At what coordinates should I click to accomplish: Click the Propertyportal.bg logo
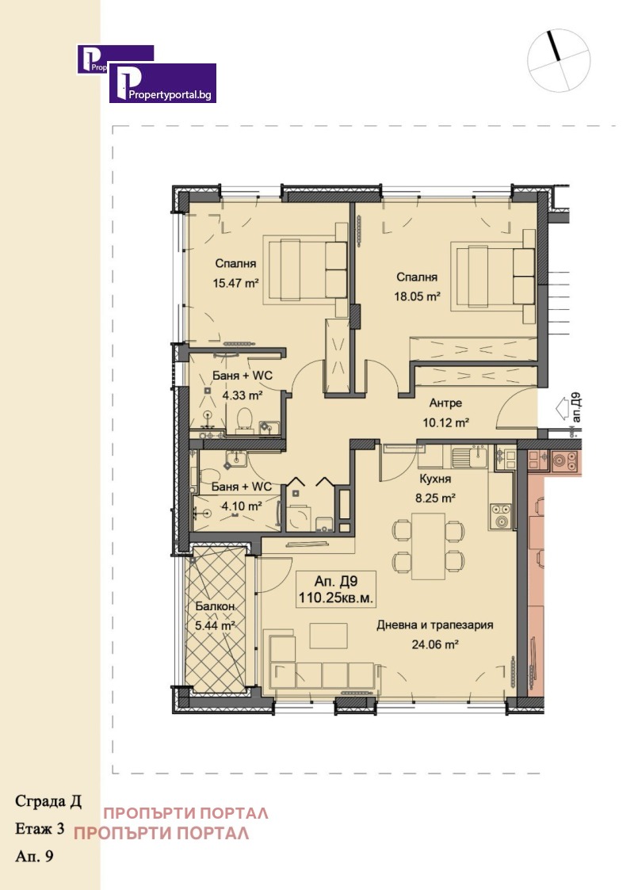[x=162, y=83]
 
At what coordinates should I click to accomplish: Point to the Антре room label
[x=447, y=402]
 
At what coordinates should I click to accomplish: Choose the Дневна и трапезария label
[x=434, y=625]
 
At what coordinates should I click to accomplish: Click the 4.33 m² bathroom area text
[x=243, y=395]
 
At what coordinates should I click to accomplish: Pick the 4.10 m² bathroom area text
[x=243, y=506]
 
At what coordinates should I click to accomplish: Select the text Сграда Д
[x=48, y=800]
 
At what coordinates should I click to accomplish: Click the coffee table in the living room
[x=328, y=636]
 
